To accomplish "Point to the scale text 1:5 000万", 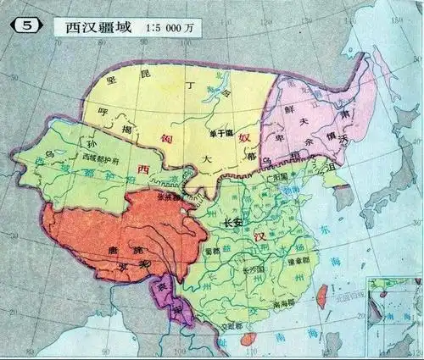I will pos(173,26).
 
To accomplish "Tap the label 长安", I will pos(232,222).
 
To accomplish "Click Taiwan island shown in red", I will pos(321,297).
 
